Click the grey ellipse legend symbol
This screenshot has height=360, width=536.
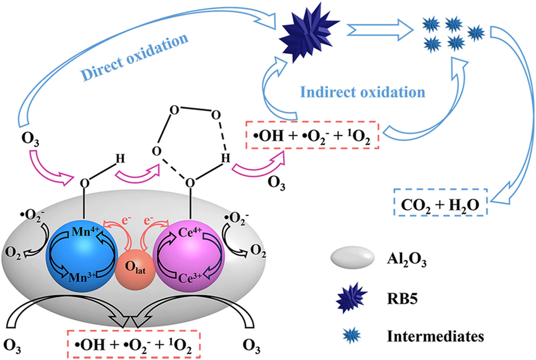click(352, 257)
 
